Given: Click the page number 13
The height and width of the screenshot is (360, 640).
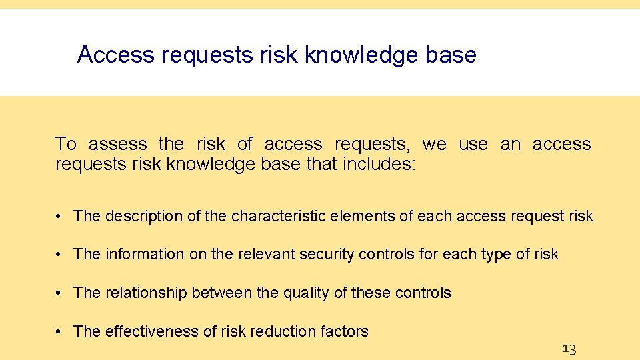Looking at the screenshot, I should click(x=569, y=348).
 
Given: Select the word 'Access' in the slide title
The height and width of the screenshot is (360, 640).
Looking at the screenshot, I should click(x=116, y=55).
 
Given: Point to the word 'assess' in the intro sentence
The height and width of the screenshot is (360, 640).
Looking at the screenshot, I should click(x=118, y=144).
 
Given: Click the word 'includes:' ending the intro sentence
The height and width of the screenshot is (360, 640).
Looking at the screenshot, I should click(x=379, y=164).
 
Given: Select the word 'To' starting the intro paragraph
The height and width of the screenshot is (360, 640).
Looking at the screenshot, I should click(x=66, y=144).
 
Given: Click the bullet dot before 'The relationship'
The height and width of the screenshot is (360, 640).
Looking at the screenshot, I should click(x=60, y=293).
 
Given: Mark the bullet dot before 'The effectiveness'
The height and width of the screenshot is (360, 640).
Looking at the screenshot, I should click(x=60, y=331).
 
